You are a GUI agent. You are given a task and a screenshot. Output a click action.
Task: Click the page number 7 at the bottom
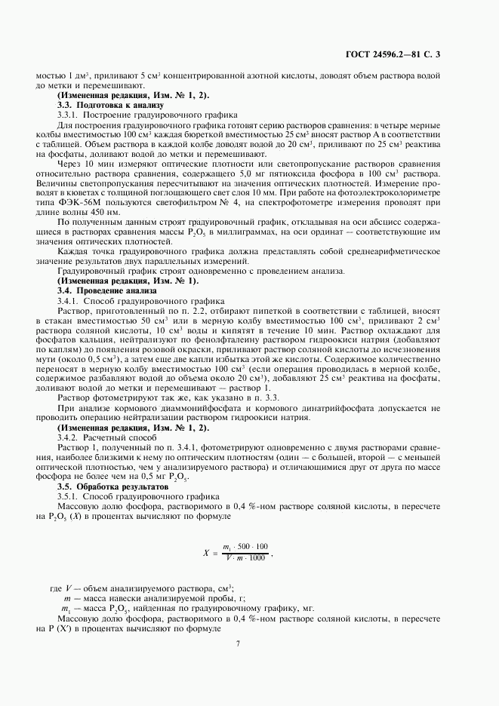tap(237, 643)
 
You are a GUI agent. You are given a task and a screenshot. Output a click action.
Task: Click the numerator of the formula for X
tap(245, 545)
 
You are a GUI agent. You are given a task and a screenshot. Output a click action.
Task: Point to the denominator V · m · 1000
tap(245, 557)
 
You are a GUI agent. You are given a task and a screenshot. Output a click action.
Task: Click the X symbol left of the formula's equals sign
tap(205, 551)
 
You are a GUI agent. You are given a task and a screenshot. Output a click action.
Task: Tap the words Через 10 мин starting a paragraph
tap(85, 162)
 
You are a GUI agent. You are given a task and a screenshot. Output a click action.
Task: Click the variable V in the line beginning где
tap(69, 588)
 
